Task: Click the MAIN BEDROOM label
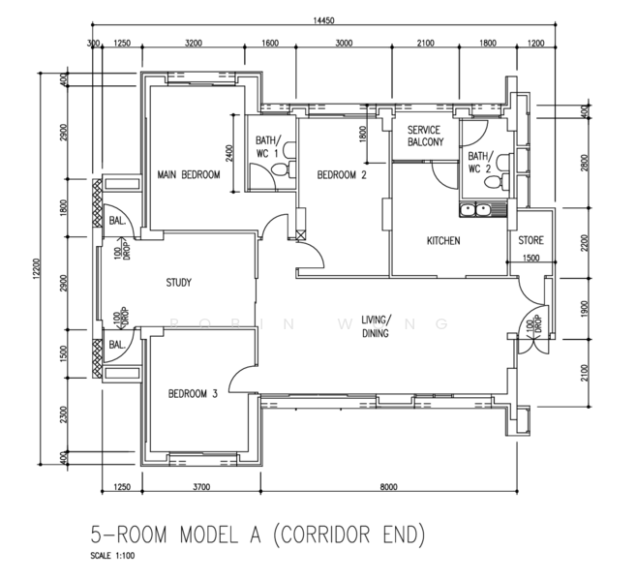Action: point(189,175)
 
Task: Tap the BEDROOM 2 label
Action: point(342,175)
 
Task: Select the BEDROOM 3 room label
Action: point(193,393)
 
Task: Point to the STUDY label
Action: point(178,283)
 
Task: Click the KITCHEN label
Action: point(443,241)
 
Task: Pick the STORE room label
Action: point(530,240)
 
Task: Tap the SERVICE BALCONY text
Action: point(425,136)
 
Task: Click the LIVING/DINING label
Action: point(376,326)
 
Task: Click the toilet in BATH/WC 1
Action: point(283,168)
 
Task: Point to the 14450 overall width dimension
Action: point(323,20)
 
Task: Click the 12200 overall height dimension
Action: point(36,268)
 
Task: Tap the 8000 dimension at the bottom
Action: point(388,487)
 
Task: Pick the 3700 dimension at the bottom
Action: point(201,487)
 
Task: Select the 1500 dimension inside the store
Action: point(530,258)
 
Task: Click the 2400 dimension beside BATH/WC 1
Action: point(229,153)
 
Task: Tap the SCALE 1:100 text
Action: point(112,556)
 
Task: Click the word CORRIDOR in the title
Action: point(327,535)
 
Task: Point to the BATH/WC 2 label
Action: point(480,163)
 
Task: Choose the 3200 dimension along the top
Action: point(194,43)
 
